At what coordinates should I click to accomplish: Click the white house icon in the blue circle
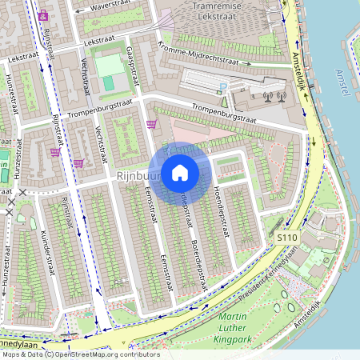click(180, 173)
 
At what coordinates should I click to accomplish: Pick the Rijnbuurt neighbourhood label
click(132, 174)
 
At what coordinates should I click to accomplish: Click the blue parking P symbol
click(223, 84)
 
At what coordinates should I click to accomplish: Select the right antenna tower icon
click(280, 97)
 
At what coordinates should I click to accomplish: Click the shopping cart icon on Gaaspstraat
click(151, 124)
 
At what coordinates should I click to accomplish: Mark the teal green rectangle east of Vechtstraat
click(108, 83)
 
